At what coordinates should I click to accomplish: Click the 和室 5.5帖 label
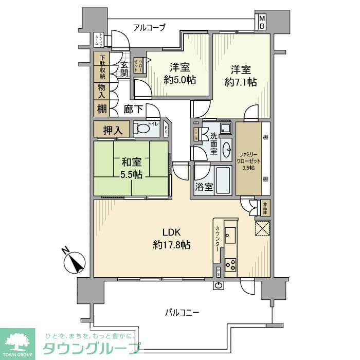(x=131, y=168)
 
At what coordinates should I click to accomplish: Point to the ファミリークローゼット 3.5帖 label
(x=249, y=160)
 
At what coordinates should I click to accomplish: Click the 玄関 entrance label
(x=125, y=69)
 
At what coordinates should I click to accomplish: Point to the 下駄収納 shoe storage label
(x=102, y=67)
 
